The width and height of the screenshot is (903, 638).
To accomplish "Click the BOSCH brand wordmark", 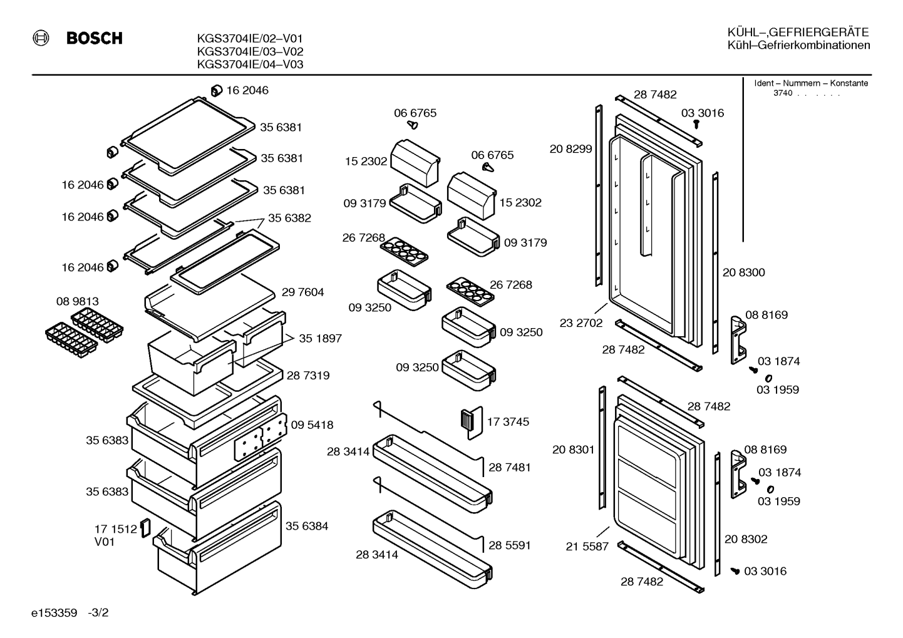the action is click(95, 38).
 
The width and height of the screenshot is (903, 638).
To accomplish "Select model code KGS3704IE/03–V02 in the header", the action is click(250, 51).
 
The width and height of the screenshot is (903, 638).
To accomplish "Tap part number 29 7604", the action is click(302, 292).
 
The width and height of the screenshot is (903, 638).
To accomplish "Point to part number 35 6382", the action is click(289, 218).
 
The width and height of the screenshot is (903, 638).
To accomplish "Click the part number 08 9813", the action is click(78, 301).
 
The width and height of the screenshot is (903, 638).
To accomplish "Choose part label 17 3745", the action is click(508, 421).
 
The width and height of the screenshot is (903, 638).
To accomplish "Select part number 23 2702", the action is click(581, 323).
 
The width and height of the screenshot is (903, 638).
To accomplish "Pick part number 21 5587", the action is click(587, 546).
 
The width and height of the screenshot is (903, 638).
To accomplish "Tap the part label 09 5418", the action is click(312, 424).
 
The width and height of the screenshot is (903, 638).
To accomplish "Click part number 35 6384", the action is click(307, 526).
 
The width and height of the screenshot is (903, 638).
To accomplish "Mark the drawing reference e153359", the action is click(54, 613).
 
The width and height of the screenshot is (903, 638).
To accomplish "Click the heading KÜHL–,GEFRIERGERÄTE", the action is click(798, 32).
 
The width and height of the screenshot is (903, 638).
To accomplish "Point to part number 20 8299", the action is click(571, 149).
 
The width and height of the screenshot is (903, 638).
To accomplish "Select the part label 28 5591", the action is click(510, 545).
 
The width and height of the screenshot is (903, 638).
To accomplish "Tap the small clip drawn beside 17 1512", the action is click(145, 528).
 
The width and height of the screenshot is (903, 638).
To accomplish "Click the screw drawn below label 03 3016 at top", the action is click(696, 124).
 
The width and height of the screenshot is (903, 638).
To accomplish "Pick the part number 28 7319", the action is click(308, 375).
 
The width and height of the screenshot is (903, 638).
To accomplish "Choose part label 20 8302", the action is click(746, 539).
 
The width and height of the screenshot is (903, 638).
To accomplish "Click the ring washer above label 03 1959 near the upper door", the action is click(769, 378).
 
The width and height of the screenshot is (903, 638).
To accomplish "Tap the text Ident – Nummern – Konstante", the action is click(811, 83).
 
